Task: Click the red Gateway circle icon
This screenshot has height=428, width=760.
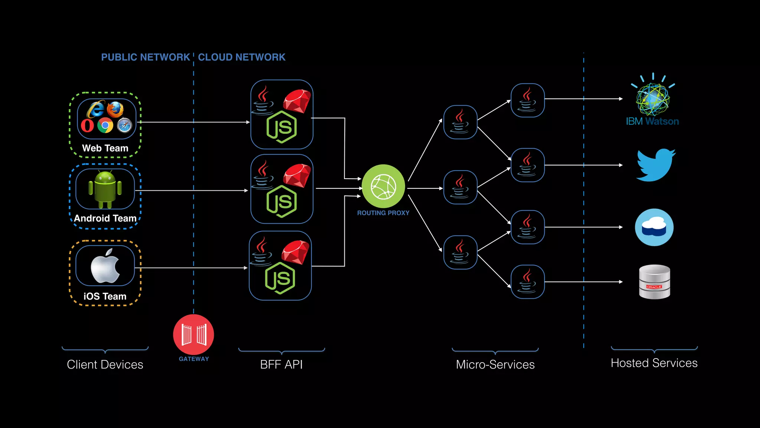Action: [x=193, y=334]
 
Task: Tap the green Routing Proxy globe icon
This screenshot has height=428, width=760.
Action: [x=383, y=187]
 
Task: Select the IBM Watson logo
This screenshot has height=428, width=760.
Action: [x=653, y=99]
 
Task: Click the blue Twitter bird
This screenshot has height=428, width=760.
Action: [x=656, y=165]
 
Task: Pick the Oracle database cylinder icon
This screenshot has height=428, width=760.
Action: [x=655, y=282]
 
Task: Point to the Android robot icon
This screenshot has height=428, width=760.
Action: [x=105, y=189]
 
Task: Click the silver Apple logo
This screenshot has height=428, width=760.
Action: [x=105, y=266]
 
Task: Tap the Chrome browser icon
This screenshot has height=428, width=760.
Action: [x=105, y=125]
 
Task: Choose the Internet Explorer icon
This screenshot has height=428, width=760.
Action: [x=96, y=109]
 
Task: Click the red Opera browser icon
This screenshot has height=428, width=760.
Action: [x=88, y=126]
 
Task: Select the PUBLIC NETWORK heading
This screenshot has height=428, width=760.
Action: [x=145, y=57]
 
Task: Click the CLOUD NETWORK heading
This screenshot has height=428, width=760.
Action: [x=242, y=57]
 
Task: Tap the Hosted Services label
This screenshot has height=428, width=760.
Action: [x=654, y=363]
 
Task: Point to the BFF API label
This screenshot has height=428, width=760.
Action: [x=281, y=364]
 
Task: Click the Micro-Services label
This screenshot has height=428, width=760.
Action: [x=495, y=364]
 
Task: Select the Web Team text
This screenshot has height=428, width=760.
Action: [x=105, y=148]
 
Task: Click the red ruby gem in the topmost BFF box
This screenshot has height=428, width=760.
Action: [x=297, y=101]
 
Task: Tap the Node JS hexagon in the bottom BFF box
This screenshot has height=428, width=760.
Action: [x=280, y=278]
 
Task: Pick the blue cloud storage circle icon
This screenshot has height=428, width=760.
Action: [x=654, y=227]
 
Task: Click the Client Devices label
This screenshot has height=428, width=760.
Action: [x=105, y=364]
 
